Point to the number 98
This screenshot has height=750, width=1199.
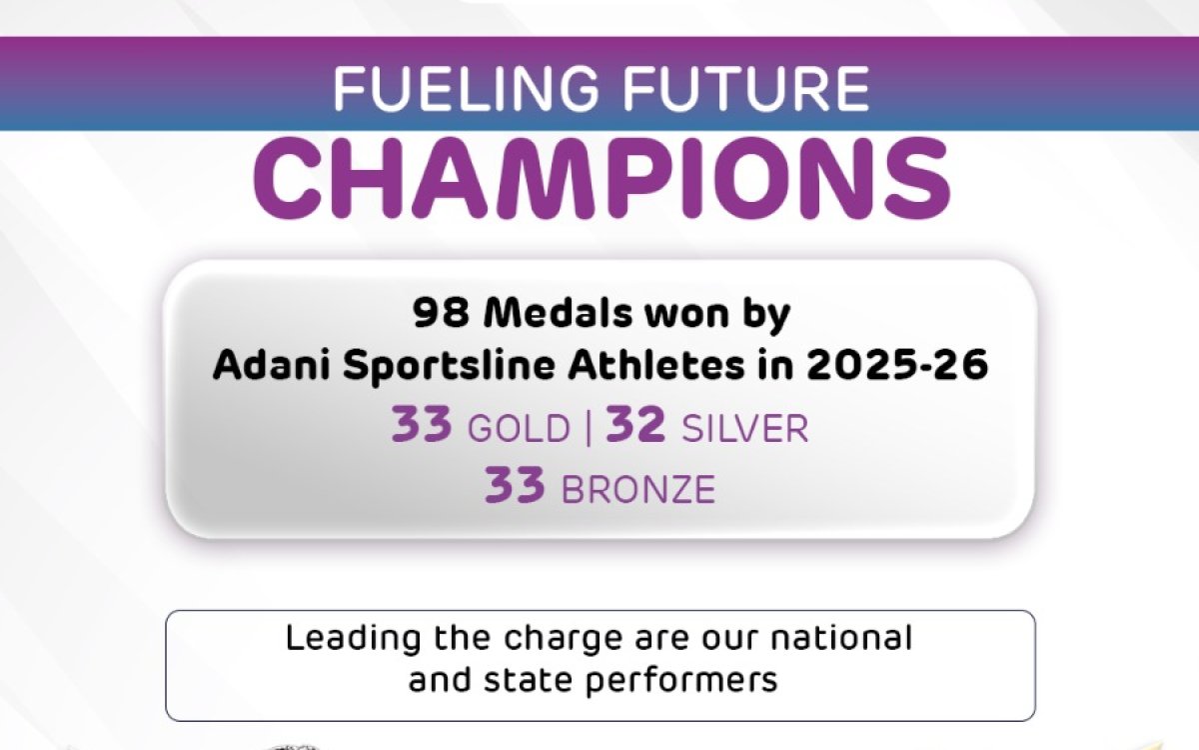tap(442, 314)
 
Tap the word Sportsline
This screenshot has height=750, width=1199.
tap(434, 366)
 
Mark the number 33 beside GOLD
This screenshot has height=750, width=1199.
tap(423, 426)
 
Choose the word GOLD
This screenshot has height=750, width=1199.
tap(518, 429)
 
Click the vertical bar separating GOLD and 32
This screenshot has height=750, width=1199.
tap(588, 428)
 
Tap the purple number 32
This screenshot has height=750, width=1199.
tap(635, 426)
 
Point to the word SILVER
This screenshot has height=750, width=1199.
tap(744, 429)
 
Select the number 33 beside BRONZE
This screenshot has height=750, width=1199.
tap(516, 487)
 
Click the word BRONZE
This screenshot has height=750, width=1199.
tap(638, 490)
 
